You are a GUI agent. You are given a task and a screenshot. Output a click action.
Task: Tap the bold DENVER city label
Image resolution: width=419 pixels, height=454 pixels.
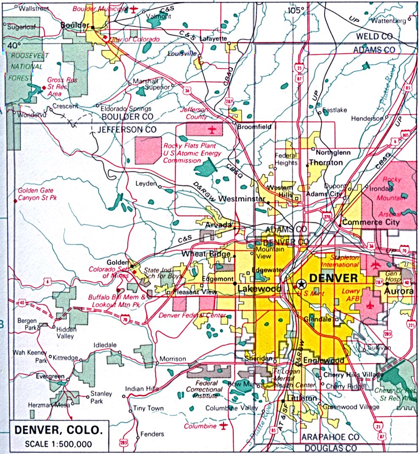(x=333, y=278)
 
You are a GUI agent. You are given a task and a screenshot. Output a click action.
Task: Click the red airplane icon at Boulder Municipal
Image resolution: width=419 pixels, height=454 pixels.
(x=134, y=9)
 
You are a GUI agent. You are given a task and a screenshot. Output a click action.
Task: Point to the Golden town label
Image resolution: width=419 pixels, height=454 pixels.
(x=117, y=262)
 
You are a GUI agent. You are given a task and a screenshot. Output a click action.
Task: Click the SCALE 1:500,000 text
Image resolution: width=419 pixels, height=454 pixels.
(x=58, y=444)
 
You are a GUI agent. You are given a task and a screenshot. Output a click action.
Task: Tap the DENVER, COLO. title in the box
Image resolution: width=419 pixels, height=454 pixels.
(x=58, y=431)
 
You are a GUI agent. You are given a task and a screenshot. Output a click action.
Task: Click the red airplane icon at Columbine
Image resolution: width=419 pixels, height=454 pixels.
(x=224, y=425)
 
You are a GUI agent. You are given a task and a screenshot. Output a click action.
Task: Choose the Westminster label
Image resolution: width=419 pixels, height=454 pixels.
(x=242, y=199)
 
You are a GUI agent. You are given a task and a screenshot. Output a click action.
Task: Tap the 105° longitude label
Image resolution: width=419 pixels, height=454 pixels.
(x=296, y=11)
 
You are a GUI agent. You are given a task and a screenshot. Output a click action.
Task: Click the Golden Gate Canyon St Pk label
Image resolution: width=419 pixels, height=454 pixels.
(x=37, y=194)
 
